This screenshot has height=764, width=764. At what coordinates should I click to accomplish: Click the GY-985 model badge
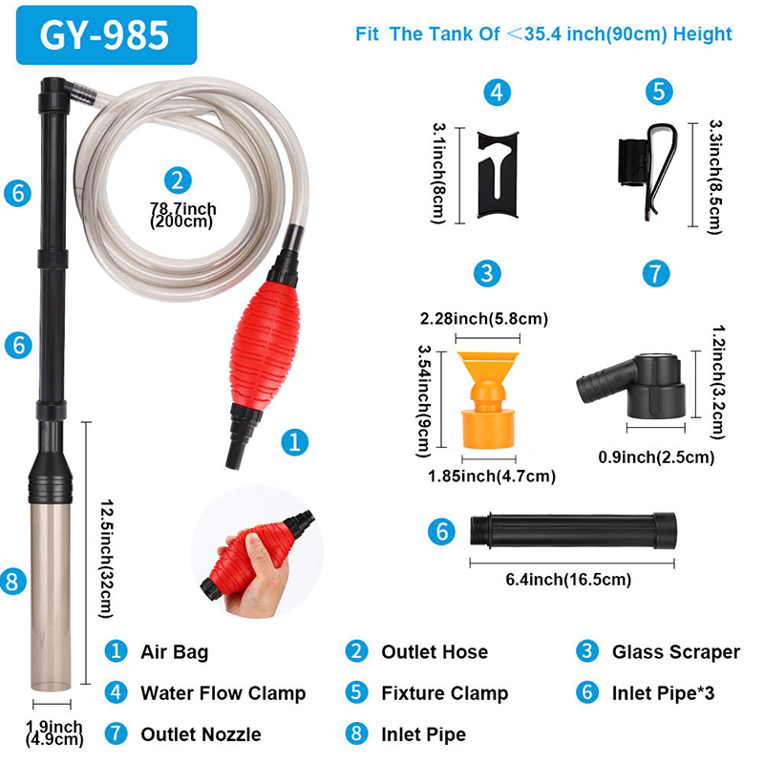(106, 35)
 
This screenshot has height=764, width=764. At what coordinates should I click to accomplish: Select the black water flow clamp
(498, 175)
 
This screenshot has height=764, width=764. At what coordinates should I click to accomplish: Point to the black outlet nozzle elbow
(631, 387)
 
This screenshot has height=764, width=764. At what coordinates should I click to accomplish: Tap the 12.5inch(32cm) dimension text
(107, 559)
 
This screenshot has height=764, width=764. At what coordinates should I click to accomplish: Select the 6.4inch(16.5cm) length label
(568, 580)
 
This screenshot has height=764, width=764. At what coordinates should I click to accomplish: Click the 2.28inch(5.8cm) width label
(484, 319)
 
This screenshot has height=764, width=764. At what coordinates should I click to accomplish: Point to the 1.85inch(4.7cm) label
(492, 476)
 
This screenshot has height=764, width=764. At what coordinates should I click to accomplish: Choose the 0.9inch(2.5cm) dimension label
(656, 457)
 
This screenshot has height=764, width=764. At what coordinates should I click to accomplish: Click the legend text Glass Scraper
(676, 652)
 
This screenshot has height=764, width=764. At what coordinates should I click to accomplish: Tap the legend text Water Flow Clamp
(223, 693)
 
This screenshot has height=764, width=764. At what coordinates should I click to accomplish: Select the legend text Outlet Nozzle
(201, 734)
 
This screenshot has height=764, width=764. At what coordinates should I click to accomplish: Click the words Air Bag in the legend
(175, 652)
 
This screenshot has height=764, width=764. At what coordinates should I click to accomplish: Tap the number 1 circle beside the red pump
(295, 442)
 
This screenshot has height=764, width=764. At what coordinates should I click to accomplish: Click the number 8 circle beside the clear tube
(13, 582)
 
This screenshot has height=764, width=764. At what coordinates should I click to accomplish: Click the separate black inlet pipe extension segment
(573, 531)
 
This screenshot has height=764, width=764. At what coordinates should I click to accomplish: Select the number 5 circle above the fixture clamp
(659, 92)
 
